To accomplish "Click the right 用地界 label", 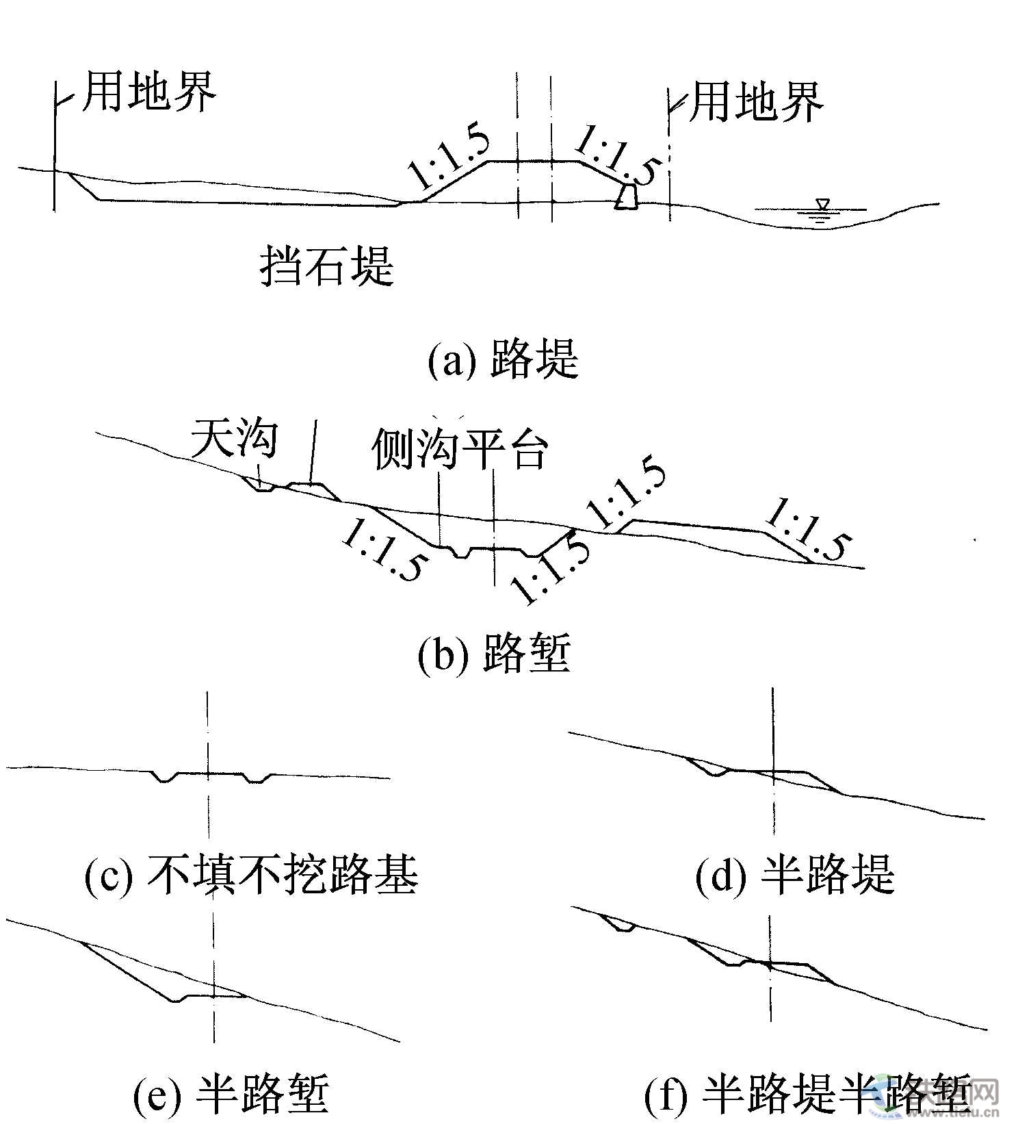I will tap(755, 103).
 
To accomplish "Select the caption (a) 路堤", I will tap(503, 359).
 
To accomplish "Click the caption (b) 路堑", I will tap(494, 653).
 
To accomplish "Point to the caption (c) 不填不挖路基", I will tap(250, 875).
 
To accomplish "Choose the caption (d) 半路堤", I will tap(794, 875).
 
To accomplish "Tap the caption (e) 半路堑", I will tap(231, 1094).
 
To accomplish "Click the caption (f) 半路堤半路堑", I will tap(807, 1094).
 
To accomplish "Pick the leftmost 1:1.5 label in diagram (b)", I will tap(387, 550).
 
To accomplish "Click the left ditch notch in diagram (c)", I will tap(164, 778).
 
